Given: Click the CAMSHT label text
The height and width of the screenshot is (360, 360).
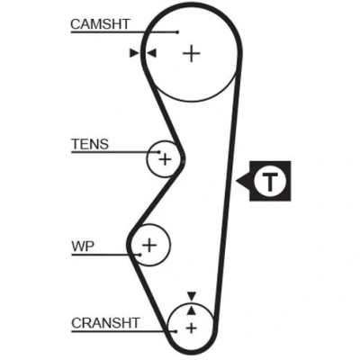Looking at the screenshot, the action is click(100, 24).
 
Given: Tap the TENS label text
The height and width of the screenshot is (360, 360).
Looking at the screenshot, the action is click(90, 144).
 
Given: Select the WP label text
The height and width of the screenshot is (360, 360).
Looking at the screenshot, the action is click(83, 247).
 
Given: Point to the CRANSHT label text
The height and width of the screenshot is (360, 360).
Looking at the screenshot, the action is click(105, 323).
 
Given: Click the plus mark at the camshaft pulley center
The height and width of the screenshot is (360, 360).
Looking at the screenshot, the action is click(192, 54).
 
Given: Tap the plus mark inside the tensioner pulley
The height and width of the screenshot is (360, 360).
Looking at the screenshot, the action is click(165, 159).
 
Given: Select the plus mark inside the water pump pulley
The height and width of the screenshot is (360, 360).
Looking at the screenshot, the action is click(149, 246).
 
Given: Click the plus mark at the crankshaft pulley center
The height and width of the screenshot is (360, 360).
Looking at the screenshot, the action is click(191, 328).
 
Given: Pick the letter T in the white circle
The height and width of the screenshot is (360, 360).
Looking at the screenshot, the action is click(270, 181).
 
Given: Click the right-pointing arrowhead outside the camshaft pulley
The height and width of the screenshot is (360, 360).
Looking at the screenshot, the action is click(134, 53).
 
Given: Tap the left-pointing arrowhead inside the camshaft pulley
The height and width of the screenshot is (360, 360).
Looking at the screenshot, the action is click(152, 53).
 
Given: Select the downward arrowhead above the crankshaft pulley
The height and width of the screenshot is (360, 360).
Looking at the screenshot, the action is click(192, 295).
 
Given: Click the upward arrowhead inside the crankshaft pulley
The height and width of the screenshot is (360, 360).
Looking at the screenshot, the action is click(192, 310).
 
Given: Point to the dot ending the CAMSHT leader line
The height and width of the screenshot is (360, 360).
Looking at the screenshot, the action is click(177, 32).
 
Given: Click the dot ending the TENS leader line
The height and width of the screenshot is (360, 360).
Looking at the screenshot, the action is click(159, 152).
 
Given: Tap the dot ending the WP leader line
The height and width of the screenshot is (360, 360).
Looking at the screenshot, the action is click(140, 255).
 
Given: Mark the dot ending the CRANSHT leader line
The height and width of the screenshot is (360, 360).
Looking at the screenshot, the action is click(175, 331).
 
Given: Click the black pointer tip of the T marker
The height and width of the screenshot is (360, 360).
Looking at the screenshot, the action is click(237, 181).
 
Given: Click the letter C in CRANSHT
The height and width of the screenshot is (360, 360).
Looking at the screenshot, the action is click(76, 323).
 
